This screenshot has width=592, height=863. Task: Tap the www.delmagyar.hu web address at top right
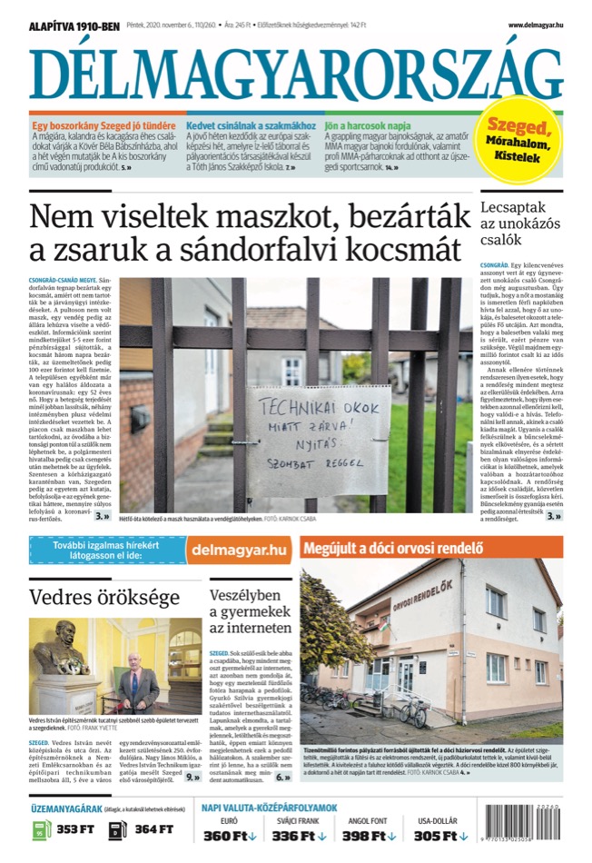click(x=535, y=25)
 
